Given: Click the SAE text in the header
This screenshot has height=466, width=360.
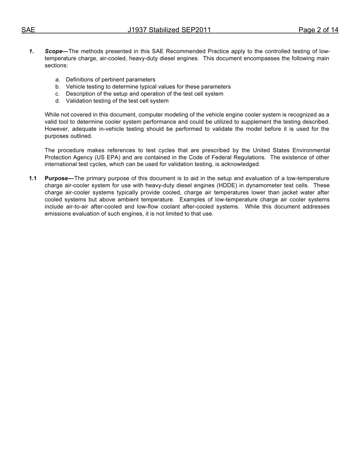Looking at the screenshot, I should [28, 30].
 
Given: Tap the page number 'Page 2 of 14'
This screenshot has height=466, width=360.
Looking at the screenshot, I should [318, 30].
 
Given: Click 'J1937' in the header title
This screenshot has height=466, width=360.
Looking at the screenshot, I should [137, 30].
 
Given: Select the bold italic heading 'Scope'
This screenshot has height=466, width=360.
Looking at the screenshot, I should [53, 51].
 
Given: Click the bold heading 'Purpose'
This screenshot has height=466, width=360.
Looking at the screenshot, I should [56, 178].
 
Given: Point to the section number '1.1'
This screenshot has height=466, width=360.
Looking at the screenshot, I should [33, 178].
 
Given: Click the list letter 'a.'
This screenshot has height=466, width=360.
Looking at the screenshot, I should [58, 80].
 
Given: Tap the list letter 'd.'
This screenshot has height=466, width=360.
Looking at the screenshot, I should [58, 101].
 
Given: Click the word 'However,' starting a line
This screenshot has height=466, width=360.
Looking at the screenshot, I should [57, 129].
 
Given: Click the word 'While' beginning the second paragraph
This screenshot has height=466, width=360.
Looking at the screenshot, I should [52, 115].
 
